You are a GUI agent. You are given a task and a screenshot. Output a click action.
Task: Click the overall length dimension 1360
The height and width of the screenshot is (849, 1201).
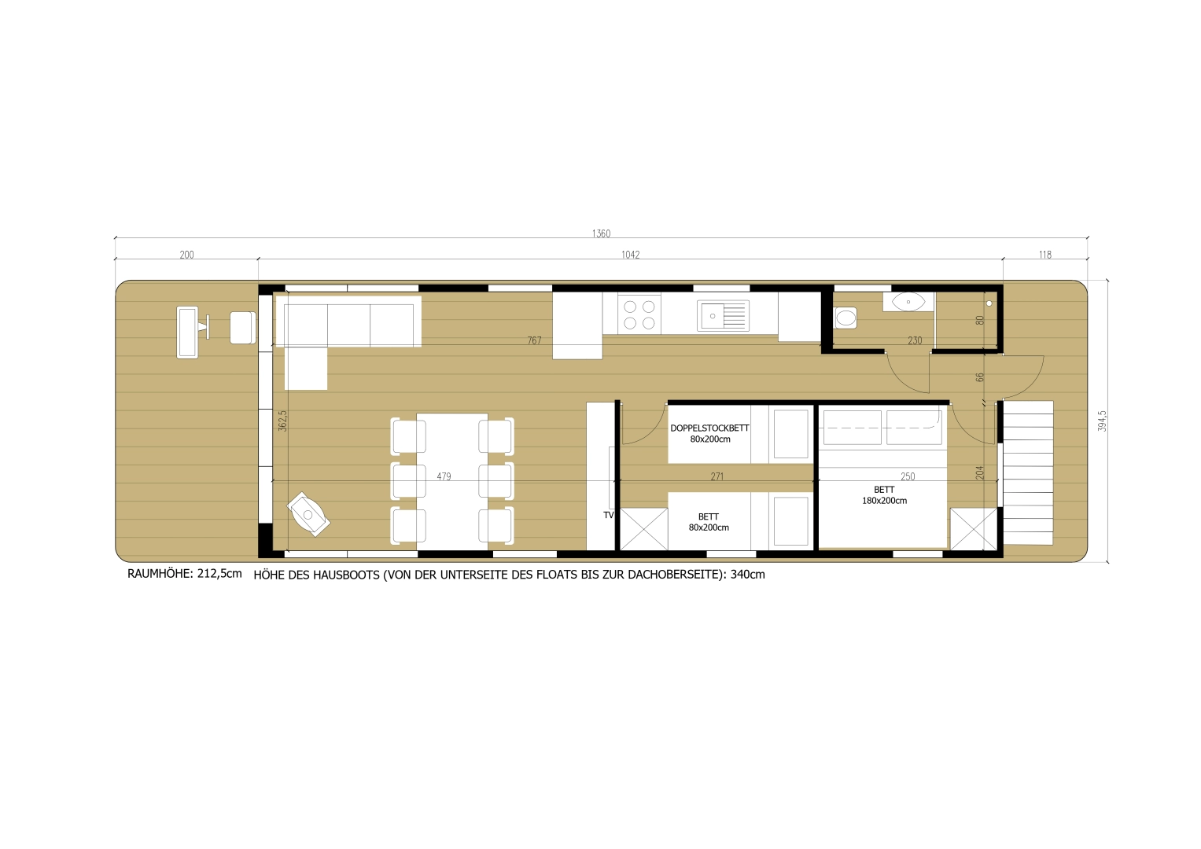pyautogui.click(x=601, y=233)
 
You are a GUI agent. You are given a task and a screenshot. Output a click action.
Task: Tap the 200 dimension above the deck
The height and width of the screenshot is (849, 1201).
pyautogui.click(x=186, y=255)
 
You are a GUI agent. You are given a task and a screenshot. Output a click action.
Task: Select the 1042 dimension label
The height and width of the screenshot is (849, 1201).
pyautogui.click(x=630, y=255)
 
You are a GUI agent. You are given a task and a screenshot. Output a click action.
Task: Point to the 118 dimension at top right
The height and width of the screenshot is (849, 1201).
pyautogui.click(x=1044, y=255)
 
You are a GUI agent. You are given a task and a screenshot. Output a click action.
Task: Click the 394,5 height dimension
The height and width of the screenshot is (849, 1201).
pyautogui.click(x=1103, y=421)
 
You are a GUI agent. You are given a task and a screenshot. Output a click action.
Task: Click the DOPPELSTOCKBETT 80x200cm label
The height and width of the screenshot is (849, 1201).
pyautogui.click(x=709, y=434)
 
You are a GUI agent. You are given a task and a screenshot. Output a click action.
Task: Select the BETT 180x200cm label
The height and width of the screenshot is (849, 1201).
pyautogui.click(x=884, y=495)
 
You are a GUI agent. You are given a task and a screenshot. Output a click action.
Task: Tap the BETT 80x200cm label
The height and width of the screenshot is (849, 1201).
pyautogui.click(x=709, y=522)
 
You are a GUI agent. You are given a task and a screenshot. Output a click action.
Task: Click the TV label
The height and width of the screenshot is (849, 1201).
pyautogui.click(x=608, y=515)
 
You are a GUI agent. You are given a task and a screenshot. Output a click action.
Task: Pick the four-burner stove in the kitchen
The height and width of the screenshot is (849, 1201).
pyautogui.click(x=639, y=314)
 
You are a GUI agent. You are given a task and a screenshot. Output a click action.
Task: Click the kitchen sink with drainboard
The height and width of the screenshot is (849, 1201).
pyautogui.click(x=723, y=315)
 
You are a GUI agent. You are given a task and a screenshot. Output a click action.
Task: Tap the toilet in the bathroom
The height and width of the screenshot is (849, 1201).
pyautogui.click(x=845, y=318)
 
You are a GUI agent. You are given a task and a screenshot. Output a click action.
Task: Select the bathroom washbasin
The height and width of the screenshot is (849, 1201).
pyautogui.click(x=908, y=301)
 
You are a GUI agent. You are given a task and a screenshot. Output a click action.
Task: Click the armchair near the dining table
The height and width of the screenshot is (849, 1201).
pyautogui.click(x=309, y=515)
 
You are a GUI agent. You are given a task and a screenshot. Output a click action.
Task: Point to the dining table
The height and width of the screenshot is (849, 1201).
pyautogui.click(x=452, y=480)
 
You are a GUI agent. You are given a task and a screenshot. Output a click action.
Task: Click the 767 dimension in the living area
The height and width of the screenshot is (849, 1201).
pyautogui.click(x=534, y=340)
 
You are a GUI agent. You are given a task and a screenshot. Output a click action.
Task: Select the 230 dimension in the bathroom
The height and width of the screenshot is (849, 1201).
pyautogui.click(x=914, y=340)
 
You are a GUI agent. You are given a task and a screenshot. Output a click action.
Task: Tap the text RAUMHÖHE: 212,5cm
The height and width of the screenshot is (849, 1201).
pyautogui.click(x=185, y=574)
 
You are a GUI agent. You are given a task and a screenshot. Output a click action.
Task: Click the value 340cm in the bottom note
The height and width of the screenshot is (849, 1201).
pyautogui.click(x=747, y=575)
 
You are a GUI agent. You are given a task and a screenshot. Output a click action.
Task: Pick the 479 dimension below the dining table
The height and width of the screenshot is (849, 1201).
pyautogui.click(x=444, y=476)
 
